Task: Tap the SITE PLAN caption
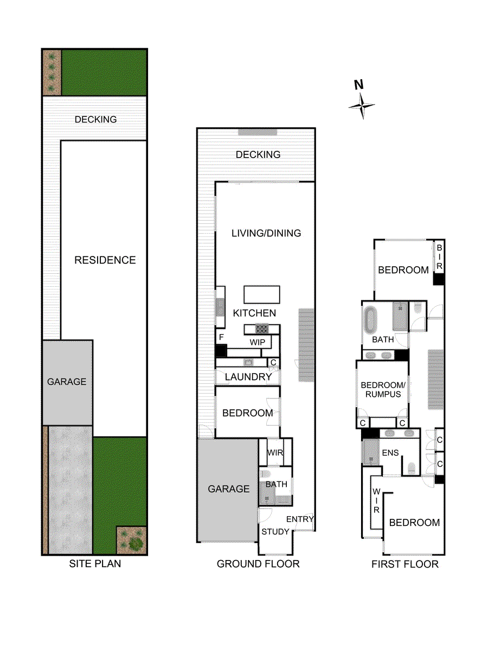[x=95, y=564]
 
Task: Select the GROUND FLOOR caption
[x=258, y=564]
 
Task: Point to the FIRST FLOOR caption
[x=404, y=564]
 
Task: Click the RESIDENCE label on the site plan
[x=105, y=260]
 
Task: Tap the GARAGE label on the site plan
[x=67, y=382]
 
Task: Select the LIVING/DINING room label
[x=266, y=233]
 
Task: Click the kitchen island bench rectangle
[x=262, y=294]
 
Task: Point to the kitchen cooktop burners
[x=262, y=329]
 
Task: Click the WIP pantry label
[x=257, y=343]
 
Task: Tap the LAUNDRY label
[x=248, y=377]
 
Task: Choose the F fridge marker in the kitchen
[x=221, y=337]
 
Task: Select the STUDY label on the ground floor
[x=275, y=532]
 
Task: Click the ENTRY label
[x=300, y=519]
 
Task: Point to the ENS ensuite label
[x=390, y=453]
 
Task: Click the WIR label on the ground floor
[x=275, y=453]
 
